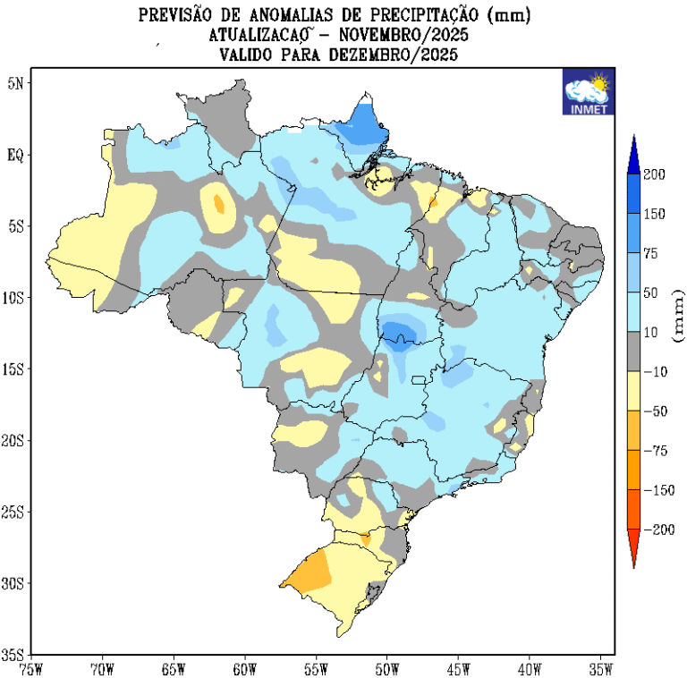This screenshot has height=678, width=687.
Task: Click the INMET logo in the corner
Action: coord(587,93)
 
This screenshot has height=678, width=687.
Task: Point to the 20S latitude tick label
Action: coord(15,440)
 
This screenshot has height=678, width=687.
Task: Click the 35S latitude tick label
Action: coord(15,655)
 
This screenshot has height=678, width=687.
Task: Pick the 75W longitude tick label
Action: coord(30,667)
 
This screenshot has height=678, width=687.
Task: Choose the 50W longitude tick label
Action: coord(386,667)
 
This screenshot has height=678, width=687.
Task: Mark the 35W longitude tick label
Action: coord(600,667)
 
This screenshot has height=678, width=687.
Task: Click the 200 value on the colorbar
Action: coord(654,174)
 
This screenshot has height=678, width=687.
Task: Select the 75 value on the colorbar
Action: coord(650,253)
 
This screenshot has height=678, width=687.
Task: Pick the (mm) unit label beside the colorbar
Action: coord(677,315)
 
